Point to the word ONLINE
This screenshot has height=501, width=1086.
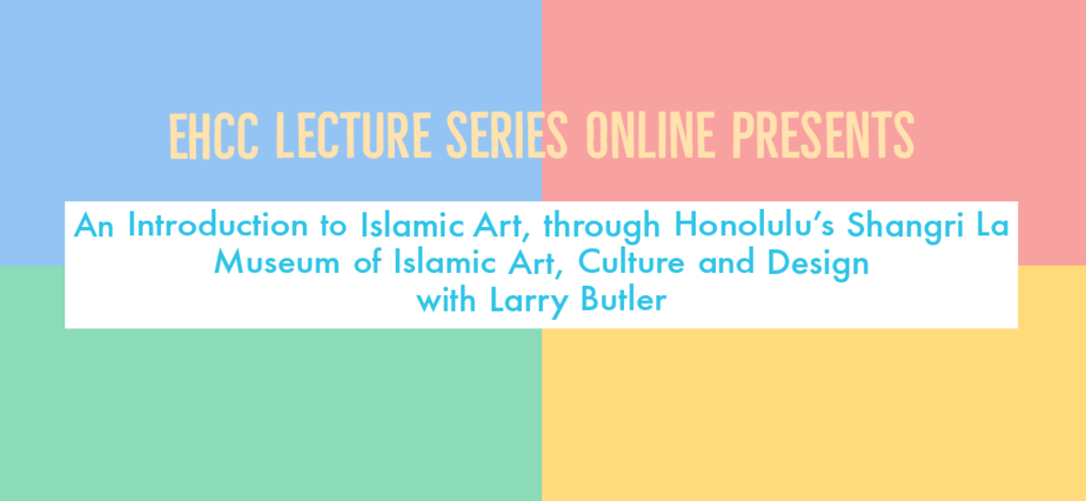pos(650,136)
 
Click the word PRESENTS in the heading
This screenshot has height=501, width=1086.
pos(823,136)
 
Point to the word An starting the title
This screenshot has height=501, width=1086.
pos(94,225)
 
